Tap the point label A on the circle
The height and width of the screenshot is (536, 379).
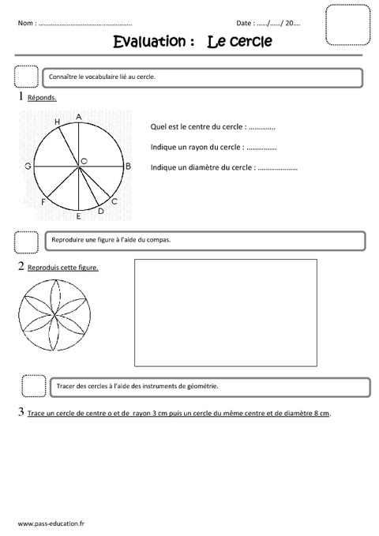(x=79, y=117)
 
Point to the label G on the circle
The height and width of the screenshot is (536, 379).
(x=28, y=167)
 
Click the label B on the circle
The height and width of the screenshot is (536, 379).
(x=128, y=167)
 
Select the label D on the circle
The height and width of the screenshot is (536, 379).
(x=100, y=212)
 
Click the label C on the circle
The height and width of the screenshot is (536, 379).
(x=114, y=202)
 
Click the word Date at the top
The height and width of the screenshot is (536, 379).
(x=245, y=24)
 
